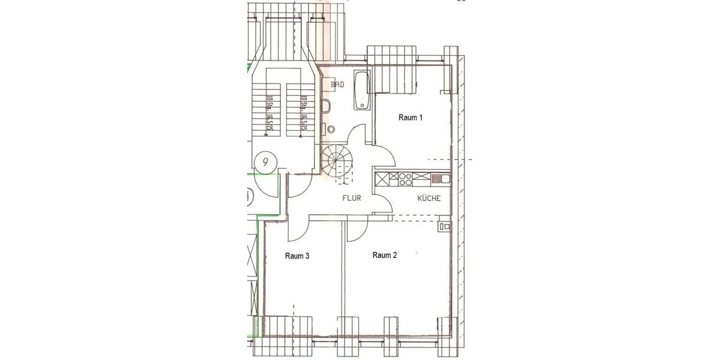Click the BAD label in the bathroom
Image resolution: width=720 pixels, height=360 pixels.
click(x=337, y=86)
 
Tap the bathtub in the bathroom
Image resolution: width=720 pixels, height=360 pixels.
click(x=361, y=91)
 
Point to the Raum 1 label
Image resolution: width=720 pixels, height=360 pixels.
click(x=410, y=118)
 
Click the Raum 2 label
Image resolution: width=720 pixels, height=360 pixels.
click(x=385, y=255)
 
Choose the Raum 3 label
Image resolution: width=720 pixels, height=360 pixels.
click(x=297, y=256)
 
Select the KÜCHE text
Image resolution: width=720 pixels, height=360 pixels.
click(x=430, y=198)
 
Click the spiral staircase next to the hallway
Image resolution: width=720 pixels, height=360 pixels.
click(x=336, y=161)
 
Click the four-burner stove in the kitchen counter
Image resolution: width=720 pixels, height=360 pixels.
click(x=406, y=178)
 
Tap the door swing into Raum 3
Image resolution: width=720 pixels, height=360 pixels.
click(x=298, y=228)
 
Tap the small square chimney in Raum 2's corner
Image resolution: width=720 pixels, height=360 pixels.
click(x=444, y=226)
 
